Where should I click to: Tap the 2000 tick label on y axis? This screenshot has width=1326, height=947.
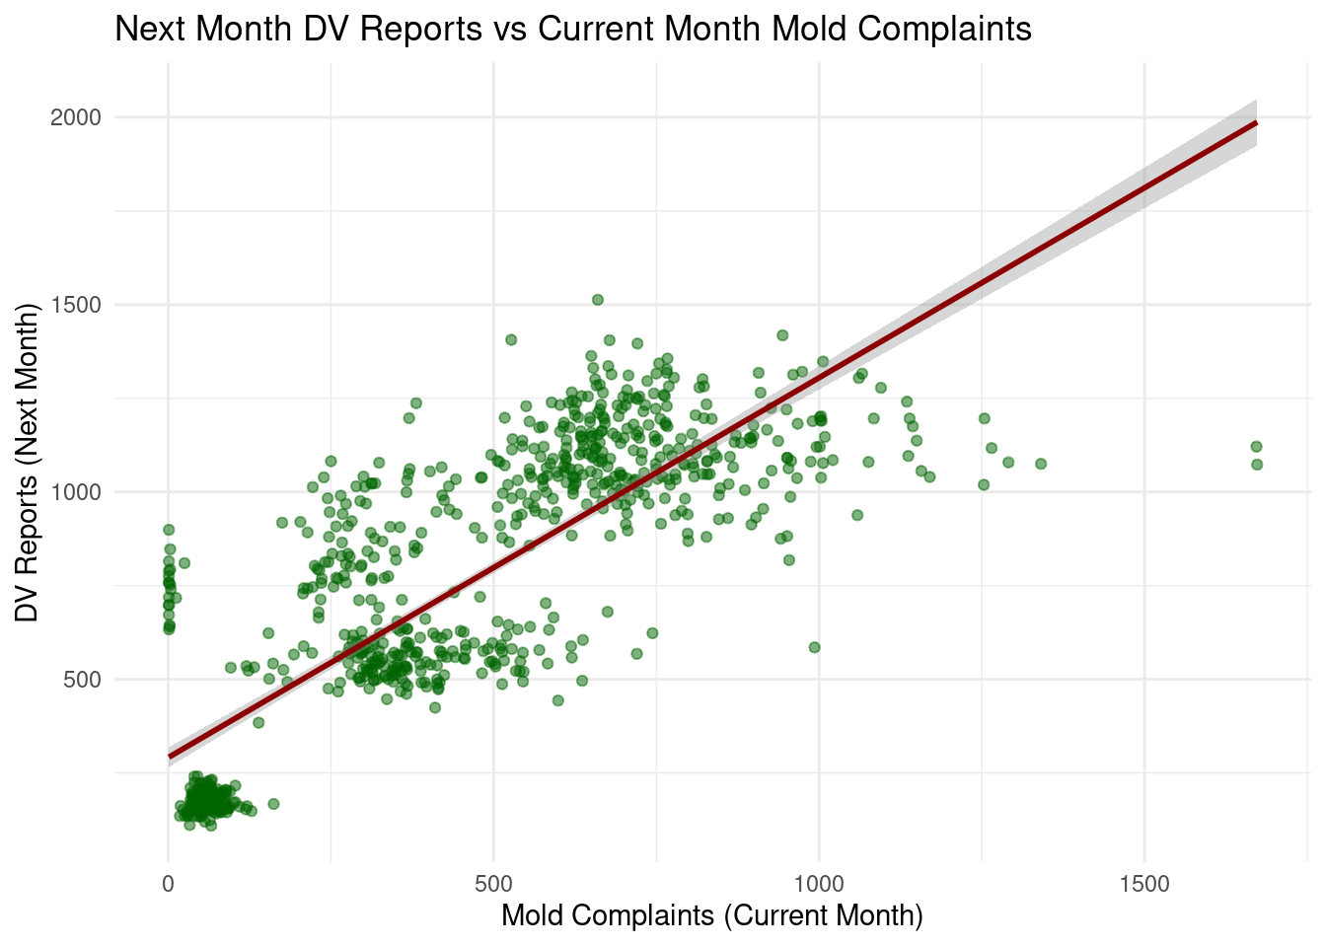tap(77, 117)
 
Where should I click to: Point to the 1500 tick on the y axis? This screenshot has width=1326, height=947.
tap(77, 305)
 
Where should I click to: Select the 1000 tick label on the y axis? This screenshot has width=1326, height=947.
tap(77, 492)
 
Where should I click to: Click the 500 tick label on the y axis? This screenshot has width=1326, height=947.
tap(83, 680)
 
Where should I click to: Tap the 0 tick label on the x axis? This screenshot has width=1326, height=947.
tap(169, 883)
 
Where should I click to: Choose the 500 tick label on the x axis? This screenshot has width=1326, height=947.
tap(493, 883)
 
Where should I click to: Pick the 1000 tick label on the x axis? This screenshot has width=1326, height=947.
tap(819, 883)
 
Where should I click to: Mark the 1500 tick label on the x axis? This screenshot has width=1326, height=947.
tap(1144, 883)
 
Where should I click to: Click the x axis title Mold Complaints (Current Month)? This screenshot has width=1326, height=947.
tap(711, 916)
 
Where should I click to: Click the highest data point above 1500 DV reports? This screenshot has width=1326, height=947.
tap(598, 300)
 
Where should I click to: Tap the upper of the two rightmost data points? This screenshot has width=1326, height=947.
tap(1256, 447)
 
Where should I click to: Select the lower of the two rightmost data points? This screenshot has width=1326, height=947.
tap(1257, 465)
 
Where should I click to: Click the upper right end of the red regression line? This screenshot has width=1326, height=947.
tap(1255, 123)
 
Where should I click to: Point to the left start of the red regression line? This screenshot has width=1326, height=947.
tap(170, 757)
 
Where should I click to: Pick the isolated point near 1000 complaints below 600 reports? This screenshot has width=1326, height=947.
tap(814, 648)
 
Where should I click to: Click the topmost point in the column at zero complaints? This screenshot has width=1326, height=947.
tap(169, 530)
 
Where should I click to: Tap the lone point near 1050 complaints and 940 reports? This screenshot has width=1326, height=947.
tap(857, 515)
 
